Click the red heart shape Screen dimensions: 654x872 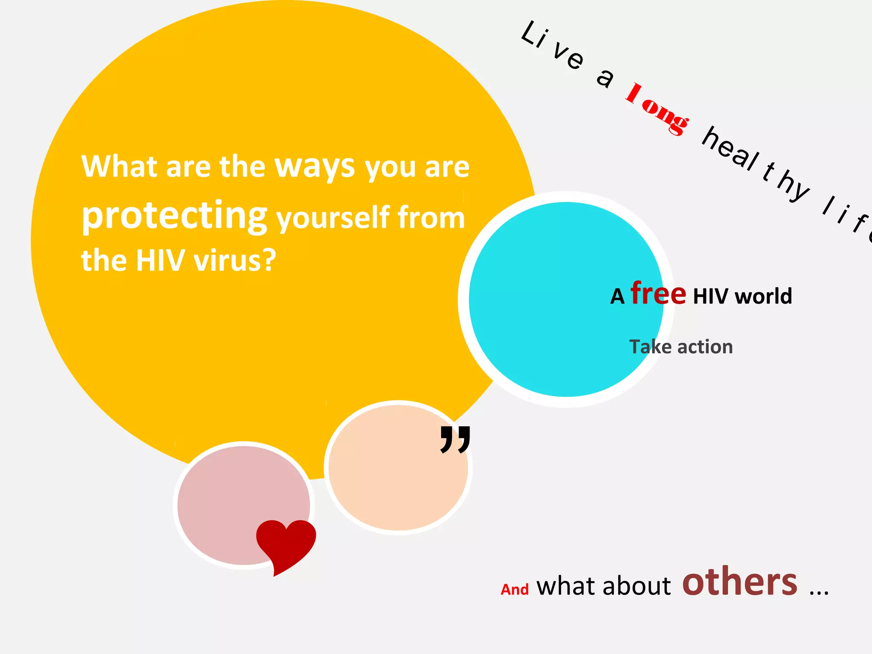[x=286, y=543]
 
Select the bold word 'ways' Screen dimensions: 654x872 [x=315, y=167]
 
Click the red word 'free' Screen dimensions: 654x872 [x=658, y=293]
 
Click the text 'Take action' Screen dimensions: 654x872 [x=681, y=347]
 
